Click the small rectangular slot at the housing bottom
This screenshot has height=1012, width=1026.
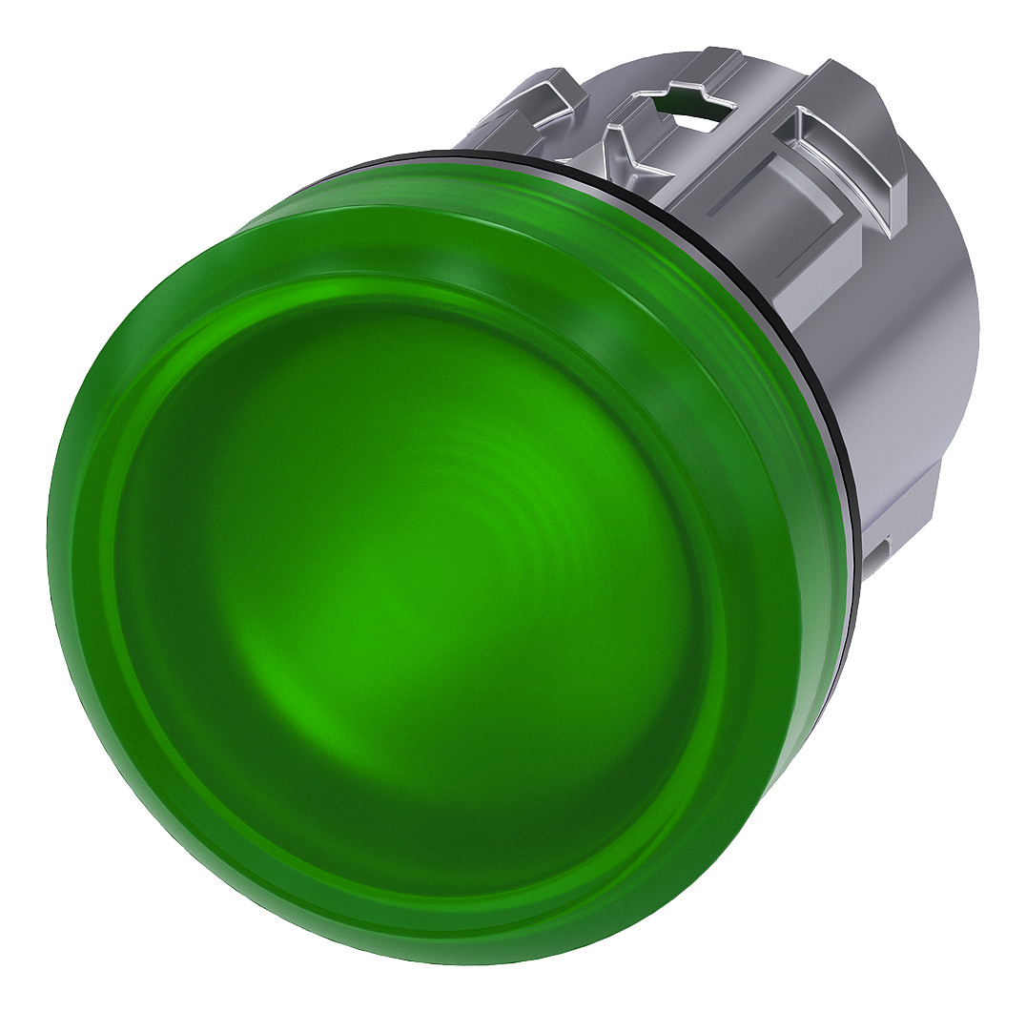point(881,548)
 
